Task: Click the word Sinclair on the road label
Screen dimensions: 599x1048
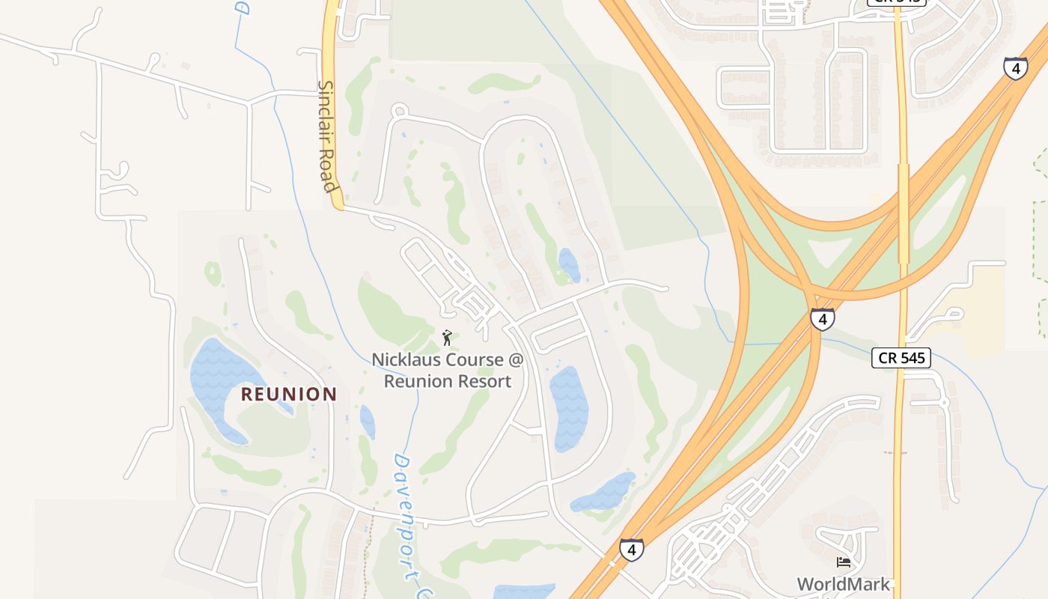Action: pyautogui.click(x=325, y=110)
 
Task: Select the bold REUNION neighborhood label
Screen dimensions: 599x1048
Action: pyautogui.click(x=289, y=394)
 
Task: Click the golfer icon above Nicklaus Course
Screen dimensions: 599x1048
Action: pyautogui.click(x=448, y=338)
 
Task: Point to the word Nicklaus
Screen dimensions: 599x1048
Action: pyautogui.click(x=407, y=360)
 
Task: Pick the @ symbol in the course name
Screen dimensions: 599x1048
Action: pyautogui.click(x=515, y=360)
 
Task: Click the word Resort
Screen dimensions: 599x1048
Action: pyautogui.click(x=486, y=381)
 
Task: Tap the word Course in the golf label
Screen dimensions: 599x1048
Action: pyautogui.click(x=475, y=360)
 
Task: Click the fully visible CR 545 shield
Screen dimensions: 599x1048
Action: pyautogui.click(x=901, y=358)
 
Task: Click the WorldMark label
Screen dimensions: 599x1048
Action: pyautogui.click(x=843, y=584)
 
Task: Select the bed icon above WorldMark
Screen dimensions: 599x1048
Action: pyautogui.click(x=844, y=562)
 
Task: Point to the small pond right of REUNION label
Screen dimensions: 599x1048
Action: pyautogui.click(x=367, y=421)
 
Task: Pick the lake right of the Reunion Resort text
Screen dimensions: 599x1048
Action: pyautogui.click(x=569, y=408)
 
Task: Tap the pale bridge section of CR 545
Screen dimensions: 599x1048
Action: pyautogui.click(x=904, y=213)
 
